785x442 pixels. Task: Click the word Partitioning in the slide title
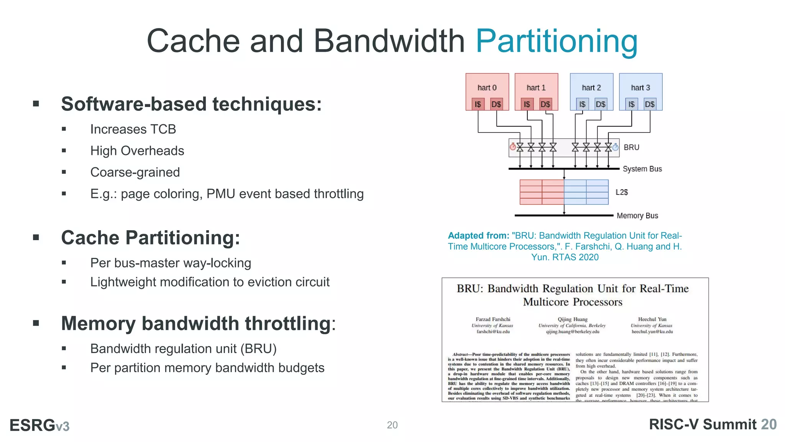click(x=557, y=41)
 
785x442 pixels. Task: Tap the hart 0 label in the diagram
click(x=487, y=88)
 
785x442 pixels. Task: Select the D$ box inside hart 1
click(x=545, y=104)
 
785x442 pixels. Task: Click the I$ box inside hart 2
click(x=582, y=104)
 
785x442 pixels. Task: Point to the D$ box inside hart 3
click(x=649, y=104)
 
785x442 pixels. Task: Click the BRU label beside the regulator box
click(x=631, y=147)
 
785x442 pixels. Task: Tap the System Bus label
click(x=642, y=169)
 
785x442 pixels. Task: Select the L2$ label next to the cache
click(x=621, y=192)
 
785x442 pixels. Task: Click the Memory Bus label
click(x=637, y=216)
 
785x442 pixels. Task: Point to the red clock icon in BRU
click(x=512, y=147)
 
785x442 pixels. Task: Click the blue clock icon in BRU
click(x=615, y=147)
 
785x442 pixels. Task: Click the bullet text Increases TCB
click(x=133, y=129)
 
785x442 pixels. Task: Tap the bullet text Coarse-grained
click(x=135, y=172)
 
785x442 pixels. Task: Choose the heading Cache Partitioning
click(x=150, y=238)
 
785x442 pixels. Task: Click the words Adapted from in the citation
click(x=478, y=236)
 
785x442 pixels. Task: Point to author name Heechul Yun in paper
click(x=652, y=319)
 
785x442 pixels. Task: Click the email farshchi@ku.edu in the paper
click(x=493, y=331)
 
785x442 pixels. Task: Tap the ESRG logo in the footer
click(x=39, y=425)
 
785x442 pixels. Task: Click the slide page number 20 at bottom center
click(x=392, y=425)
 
